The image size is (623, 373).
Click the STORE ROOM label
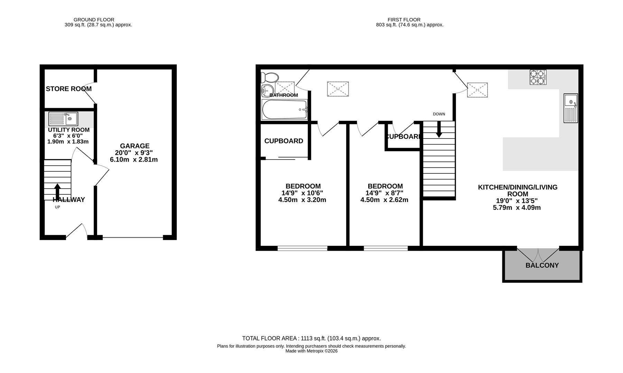pyautogui.click(x=68, y=89)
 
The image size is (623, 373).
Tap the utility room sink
pyautogui.click(x=63, y=119)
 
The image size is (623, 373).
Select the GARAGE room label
pyautogui.click(x=134, y=146)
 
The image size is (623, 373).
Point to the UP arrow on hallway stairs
pyautogui.click(x=57, y=191)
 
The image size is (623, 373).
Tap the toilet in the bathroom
pyautogui.click(x=270, y=77)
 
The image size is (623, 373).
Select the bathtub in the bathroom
pyautogui.click(x=284, y=110)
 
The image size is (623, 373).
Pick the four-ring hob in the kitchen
pyautogui.click(x=538, y=77)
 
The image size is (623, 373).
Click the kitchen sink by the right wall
pyautogui.click(x=570, y=108)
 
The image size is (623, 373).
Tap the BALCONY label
pyautogui.click(x=542, y=265)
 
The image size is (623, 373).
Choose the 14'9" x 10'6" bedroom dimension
pyautogui.click(x=302, y=193)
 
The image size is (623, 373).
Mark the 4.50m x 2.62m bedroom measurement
pyautogui.click(x=384, y=200)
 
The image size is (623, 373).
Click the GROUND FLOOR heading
pyautogui.click(x=94, y=20)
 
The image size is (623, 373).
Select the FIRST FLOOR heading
pyautogui.click(x=404, y=20)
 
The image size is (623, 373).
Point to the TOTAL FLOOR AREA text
pyautogui.click(x=311, y=338)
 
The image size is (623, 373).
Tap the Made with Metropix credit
pyautogui.click(x=311, y=351)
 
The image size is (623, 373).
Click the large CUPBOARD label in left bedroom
pyautogui.click(x=283, y=141)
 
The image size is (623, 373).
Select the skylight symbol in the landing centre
pyautogui.click(x=338, y=89)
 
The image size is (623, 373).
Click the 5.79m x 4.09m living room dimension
pyautogui.click(x=517, y=208)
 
